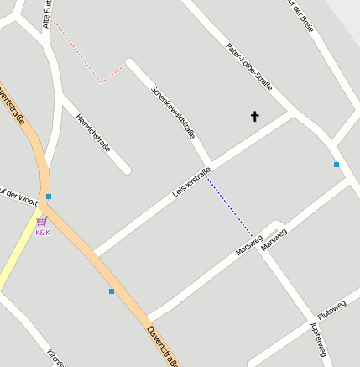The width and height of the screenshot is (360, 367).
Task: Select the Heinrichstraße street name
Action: (93, 132)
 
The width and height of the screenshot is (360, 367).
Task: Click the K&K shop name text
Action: (42, 233)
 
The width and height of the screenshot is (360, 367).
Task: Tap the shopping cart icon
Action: (42, 222)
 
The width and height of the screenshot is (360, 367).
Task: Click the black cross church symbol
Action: (255, 117)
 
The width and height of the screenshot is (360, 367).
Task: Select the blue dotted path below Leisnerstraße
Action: (229, 206)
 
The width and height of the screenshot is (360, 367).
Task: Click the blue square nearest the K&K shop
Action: (49, 197)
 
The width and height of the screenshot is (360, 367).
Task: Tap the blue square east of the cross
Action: (337, 165)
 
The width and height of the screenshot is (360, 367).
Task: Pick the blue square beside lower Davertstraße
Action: (112, 291)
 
